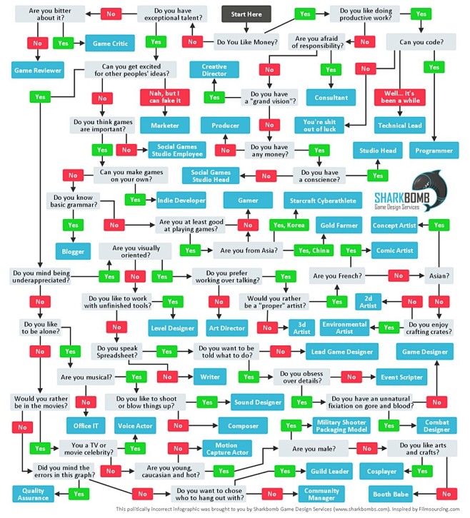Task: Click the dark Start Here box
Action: coord(246,14)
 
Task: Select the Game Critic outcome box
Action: coord(110,44)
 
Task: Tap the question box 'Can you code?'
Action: coord(421,42)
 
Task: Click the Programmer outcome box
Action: coord(434,151)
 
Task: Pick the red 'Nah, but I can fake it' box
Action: coord(165,97)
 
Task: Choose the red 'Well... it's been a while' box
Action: coord(400,97)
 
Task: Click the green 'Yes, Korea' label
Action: coord(289,225)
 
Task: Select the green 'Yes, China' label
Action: coord(314,250)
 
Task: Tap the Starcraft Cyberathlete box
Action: coord(323,200)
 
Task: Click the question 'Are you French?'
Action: coord(337,275)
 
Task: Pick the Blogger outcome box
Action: coord(73,251)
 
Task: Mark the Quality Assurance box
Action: coord(33,494)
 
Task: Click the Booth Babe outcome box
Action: coord(391,494)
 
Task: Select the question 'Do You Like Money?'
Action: coord(246,42)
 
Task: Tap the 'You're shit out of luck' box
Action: coord(319,126)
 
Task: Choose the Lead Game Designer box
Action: coord(342,352)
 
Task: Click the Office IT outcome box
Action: coord(86,425)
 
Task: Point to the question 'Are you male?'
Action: coord(314,449)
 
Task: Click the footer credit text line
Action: coord(287,509)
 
